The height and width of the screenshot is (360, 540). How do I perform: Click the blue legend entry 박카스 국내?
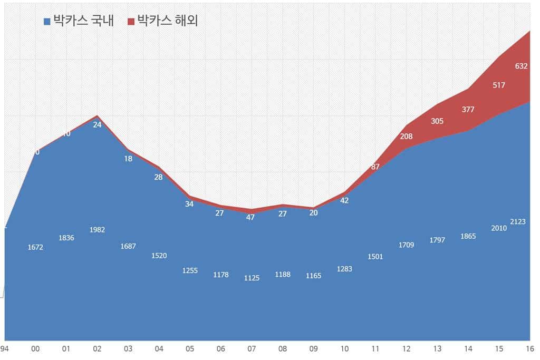pos(79,21)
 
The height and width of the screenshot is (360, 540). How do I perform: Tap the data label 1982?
pos(97,230)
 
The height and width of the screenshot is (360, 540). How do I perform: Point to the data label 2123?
pos(518,222)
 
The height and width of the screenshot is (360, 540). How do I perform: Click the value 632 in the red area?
pos(521,66)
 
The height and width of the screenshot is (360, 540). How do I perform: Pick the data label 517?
pos(499,85)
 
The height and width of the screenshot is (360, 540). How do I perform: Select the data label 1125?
pos(252,278)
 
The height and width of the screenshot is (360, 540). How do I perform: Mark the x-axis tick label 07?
pos(252,348)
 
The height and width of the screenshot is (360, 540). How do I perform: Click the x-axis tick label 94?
pos(4,348)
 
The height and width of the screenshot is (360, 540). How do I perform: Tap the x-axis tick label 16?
pos(529,348)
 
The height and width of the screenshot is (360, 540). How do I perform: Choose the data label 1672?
pos(35,247)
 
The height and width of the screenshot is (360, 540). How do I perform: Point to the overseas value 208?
pos(406,137)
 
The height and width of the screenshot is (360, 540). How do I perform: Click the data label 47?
pos(250,217)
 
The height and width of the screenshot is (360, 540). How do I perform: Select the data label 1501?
pos(375,257)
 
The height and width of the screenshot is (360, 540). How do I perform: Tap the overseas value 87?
pos(375,167)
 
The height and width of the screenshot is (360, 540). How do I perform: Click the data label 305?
pos(437,121)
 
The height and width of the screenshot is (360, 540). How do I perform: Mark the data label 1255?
pos(190,270)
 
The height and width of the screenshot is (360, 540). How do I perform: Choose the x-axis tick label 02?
pos(97,348)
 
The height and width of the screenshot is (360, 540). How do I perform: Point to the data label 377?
pos(468,110)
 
